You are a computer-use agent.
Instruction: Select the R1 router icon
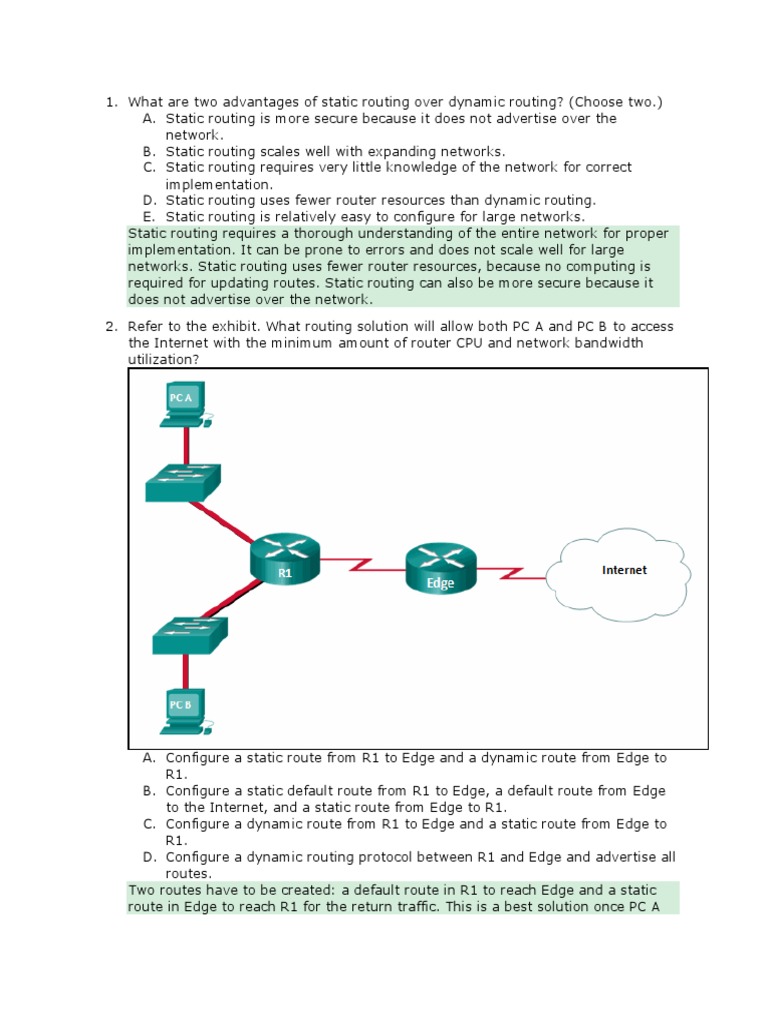point(285,557)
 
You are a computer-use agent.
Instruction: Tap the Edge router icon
point(441,568)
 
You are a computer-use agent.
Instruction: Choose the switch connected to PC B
point(190,636)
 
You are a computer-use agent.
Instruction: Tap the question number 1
point(111,102)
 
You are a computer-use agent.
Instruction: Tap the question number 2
point(111,326)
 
